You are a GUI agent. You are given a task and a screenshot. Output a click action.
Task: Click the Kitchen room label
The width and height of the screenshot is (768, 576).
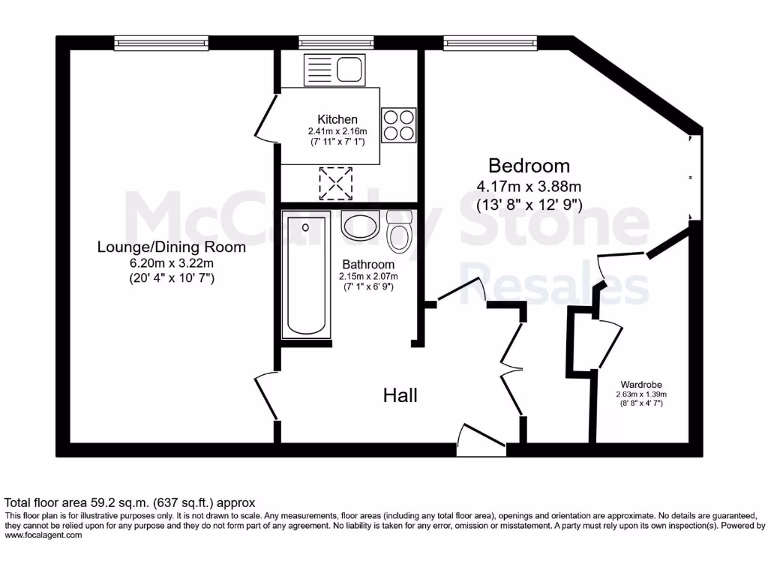(337, 119)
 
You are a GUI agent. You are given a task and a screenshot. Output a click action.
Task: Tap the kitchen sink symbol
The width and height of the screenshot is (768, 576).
(334, 70)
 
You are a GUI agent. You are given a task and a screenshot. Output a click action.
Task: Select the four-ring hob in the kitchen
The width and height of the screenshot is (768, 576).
(399, 124)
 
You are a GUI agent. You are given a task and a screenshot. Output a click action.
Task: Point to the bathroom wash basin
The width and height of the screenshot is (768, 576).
(360, 224)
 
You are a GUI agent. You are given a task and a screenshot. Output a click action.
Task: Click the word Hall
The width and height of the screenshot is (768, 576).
(400, 395)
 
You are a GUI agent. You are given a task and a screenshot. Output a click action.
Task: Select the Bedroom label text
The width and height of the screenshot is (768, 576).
(529, 166)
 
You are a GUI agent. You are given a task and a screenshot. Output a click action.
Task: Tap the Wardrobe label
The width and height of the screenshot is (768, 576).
(641, 382)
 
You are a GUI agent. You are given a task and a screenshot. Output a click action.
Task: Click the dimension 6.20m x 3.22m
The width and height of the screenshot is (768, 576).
(172, 262)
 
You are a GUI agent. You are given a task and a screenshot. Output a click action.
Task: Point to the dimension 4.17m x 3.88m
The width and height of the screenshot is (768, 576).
(529, 186)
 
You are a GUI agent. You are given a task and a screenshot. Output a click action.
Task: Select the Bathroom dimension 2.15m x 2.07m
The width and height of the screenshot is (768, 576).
(367, 276)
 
